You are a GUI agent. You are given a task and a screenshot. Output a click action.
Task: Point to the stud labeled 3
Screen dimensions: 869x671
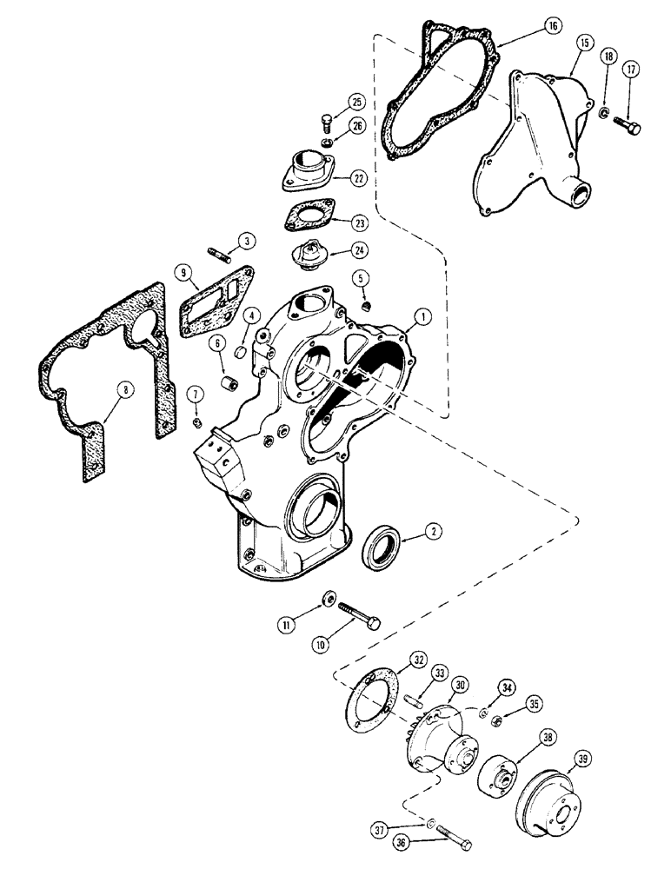click(220, 256)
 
